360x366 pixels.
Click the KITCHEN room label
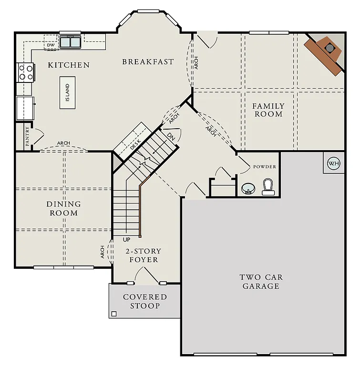coord(69,65)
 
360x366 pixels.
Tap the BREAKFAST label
coord(148,62)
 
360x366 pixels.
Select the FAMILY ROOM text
coord(268,110)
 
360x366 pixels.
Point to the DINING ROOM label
coord(63,208)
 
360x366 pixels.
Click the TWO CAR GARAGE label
coord(260,282)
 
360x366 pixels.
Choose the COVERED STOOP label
coord(145,301)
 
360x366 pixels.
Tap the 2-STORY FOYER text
coord(143,255)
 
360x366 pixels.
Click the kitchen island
coord(67,92)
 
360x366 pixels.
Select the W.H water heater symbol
coord(333,163)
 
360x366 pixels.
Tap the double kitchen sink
coord(71,42)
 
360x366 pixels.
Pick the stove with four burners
coord(25,72)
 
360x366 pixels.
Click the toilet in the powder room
coord(268,187)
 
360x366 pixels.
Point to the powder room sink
coord(247,189)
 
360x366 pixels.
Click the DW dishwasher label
coord(51,45)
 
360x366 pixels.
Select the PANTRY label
coord(28,136)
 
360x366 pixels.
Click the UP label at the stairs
coord(126,239)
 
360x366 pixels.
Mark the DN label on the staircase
coord(171,136)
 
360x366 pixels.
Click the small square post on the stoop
coord(113,314)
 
